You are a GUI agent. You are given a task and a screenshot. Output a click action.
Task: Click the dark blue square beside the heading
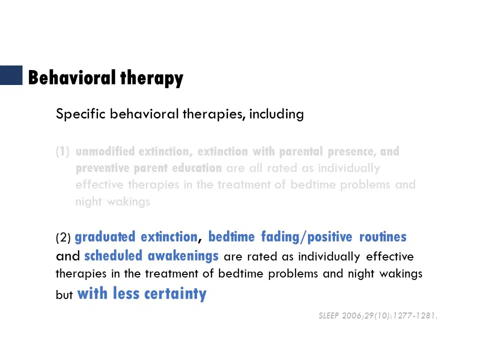(x=11, y=75)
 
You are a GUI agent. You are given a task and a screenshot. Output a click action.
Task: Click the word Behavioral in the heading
(x=71, y=77)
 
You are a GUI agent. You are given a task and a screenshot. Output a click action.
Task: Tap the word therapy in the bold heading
(x=152, y=78)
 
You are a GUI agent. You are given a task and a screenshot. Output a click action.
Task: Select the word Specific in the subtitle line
(x=81, y=114)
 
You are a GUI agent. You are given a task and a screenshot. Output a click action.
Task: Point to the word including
(x=276, y=114)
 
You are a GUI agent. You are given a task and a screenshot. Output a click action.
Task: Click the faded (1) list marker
(x=63, y=151)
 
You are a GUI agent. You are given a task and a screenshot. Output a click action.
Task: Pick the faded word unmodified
(x=105, y=151)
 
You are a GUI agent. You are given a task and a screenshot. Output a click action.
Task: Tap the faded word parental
(x=301, y=151)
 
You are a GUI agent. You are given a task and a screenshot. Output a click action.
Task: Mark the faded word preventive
(x=102, y=168)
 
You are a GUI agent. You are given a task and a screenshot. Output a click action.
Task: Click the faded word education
(x=197, y=168)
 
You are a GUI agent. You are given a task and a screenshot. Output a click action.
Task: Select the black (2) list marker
(x=63, y=237)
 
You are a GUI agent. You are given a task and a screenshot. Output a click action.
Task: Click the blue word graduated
(x=105, y=237)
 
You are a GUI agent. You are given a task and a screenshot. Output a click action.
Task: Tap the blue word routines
(x=383, y=237)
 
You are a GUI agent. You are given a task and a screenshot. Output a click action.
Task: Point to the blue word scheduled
(x=113, y=255)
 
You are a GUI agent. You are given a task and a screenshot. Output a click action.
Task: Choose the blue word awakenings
(x=183, y=256)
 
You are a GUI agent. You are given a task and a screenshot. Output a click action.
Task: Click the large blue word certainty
(x=175, y=294)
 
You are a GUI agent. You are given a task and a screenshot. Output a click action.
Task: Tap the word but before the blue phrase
(x=64, y=294)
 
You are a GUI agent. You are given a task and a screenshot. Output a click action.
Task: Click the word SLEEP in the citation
(x=329, y=315)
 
